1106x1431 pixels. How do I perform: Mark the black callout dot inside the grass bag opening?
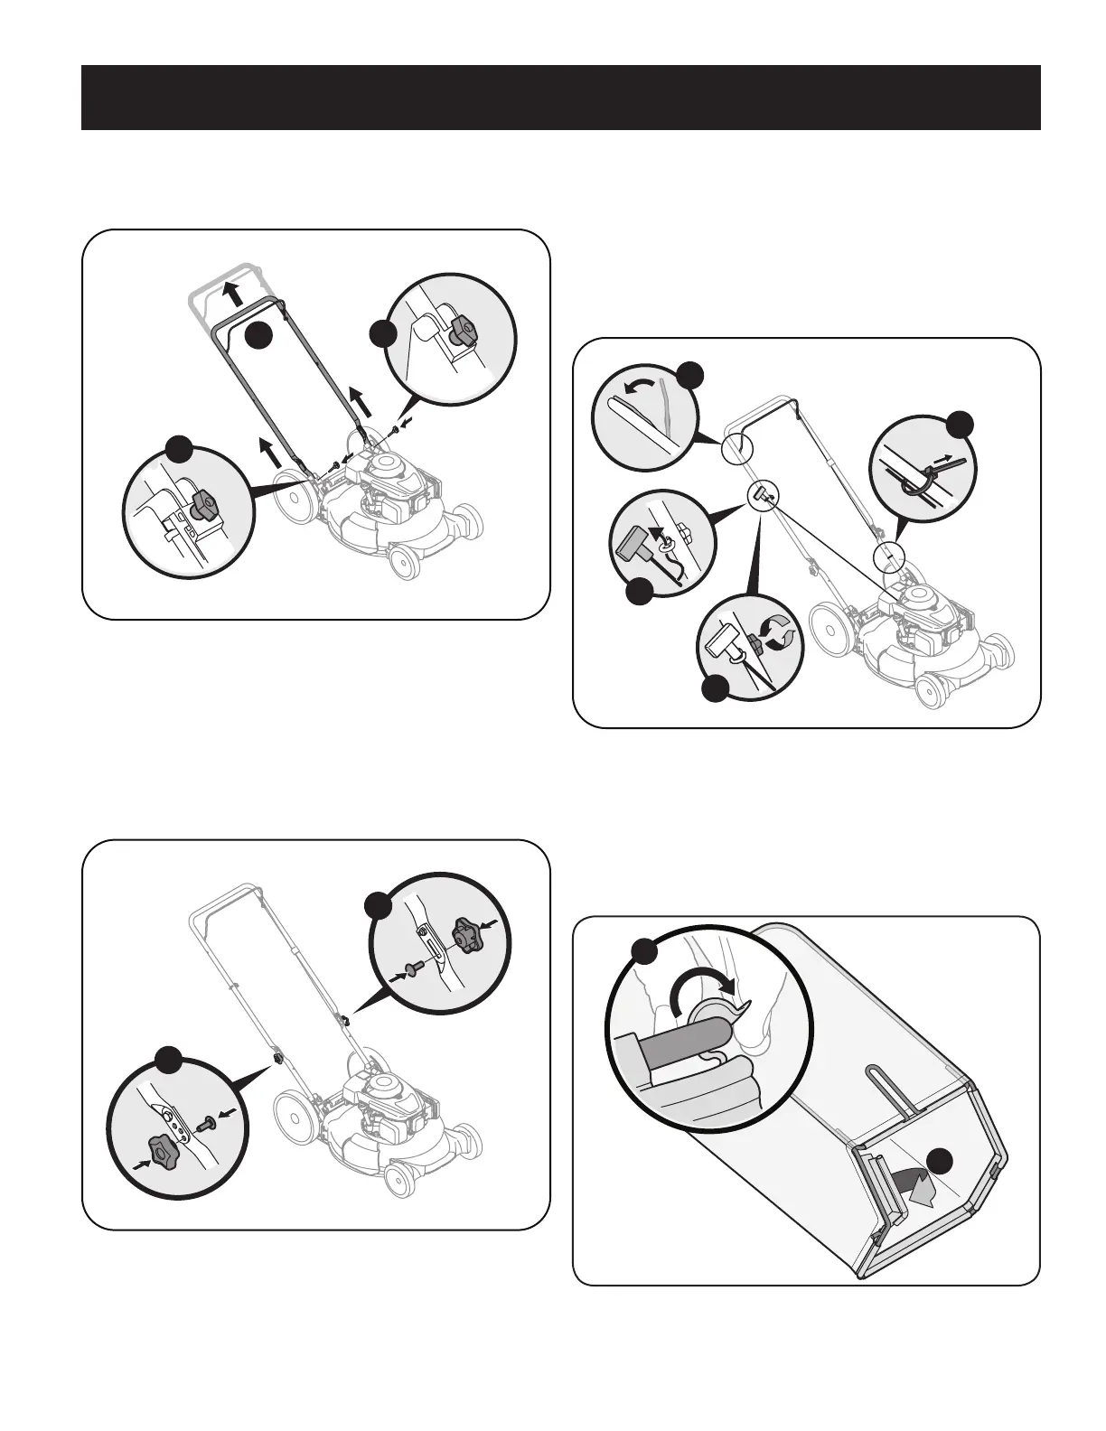tap(944, 1162)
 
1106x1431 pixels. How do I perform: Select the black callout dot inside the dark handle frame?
tap(258, 333)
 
